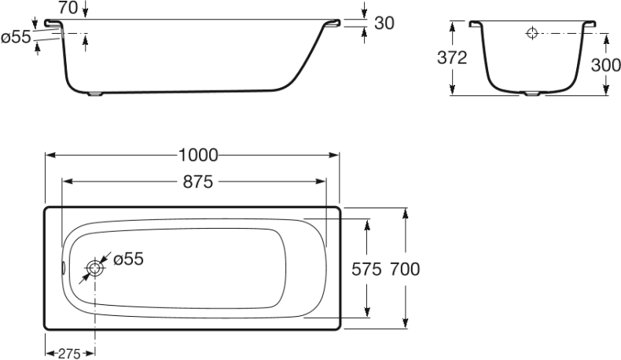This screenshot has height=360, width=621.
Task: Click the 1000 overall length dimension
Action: (x=193, y=155)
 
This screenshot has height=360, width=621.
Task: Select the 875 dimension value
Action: (x=198, y=181)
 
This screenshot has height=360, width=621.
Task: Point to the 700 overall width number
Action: (x=404, y=269)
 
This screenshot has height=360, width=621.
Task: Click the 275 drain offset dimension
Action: (x=70, y=353)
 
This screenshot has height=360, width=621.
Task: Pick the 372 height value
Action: (x=452, y=58)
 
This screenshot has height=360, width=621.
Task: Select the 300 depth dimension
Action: (x=605, y=65)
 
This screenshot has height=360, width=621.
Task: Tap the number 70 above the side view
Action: (x=68, y=8)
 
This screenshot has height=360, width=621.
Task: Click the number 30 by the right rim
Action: (x=384, y=24)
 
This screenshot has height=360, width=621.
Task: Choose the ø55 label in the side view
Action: (x=16, y=36)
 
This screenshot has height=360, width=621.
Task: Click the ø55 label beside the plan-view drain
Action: (x=128, y=259)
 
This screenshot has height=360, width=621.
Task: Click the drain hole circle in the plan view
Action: (x=95, y=268)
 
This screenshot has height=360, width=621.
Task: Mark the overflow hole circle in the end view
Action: (x=531, y=33)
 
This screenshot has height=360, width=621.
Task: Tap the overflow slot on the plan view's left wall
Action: (x=64, y=268)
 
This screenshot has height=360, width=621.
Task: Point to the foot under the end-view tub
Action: (x=532, y=94)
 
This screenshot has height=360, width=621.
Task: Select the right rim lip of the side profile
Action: (x=333, y=24)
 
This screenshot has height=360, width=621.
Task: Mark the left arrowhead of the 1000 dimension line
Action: (x=47, y=155)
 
